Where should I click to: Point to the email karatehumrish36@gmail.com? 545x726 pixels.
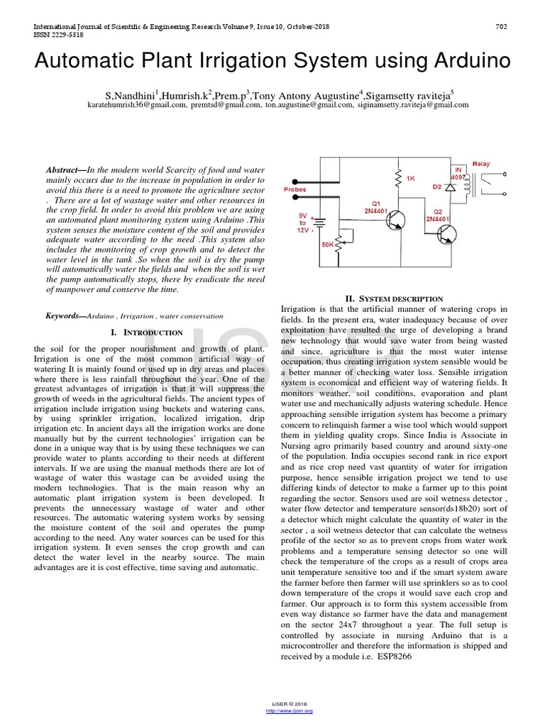pyautogui.click(x=146, y=104)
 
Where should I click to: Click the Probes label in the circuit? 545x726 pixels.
pyautogui.click(x=294, y=190)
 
